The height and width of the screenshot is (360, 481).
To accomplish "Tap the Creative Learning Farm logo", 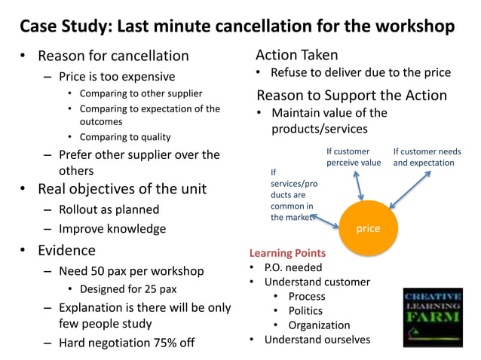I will [433, 316].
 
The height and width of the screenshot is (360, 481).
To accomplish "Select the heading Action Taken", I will [297, 55].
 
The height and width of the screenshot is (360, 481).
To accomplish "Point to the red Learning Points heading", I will [287, 253].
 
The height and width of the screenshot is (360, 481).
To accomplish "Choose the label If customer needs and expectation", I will [427, 157].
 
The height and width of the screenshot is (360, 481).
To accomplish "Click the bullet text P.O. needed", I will [293, 267].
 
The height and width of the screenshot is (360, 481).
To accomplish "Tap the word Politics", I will [305, 310].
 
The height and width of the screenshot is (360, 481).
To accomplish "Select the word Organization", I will [319, 325].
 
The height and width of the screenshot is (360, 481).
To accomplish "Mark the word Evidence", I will [66, 250].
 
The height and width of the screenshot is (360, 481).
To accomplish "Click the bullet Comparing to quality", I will [125, 137].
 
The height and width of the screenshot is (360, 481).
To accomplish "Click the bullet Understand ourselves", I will [317, 339].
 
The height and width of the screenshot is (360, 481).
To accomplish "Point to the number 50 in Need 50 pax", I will [100, 270].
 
